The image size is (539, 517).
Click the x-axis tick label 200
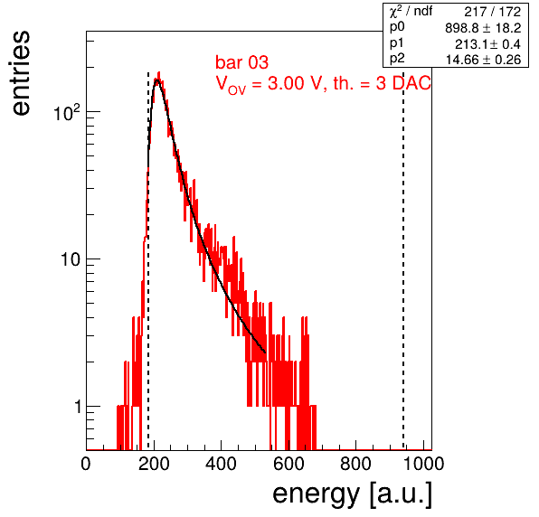[x=154, y=464]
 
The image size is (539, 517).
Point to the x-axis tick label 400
[x=221, y=464]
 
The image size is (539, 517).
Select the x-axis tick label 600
[x=288, y=464]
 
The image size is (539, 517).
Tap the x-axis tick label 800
[x=355, y=464]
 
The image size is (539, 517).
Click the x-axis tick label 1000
[x=423, y=464]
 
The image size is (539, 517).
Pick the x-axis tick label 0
[x=86, y=464]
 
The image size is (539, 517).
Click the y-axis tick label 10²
[x=67, y=112]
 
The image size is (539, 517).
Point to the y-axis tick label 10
[x=71, y=259]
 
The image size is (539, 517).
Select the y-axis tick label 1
[x=78, y=407]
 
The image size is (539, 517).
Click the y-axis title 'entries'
[x=22, y=73]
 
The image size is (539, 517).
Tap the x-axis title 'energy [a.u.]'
[x=352, y=494]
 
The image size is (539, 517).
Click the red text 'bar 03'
[x=241, y=62]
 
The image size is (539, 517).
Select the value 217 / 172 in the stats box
[x=493, y=12]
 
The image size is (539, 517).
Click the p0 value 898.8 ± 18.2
[x=483, y=28]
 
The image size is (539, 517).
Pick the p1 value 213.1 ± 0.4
[x=487, y=44]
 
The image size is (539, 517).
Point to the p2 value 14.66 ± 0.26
[x=483, y=60]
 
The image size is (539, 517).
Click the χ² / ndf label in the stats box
[x=411, y=12]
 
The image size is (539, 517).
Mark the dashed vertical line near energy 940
[x=403, y=260]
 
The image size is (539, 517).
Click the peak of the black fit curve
[x=156, y=80]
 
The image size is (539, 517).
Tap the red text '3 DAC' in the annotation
[x=403, y=83]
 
